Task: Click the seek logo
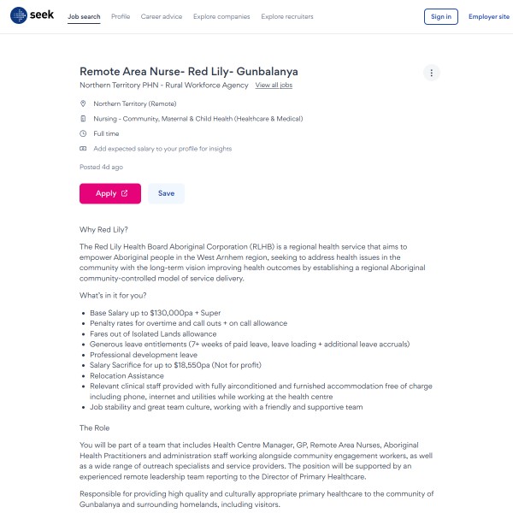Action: [32, 16]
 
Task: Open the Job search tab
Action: [84, 16]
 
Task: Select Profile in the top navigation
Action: [121, 16]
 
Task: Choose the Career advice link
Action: [161, 16]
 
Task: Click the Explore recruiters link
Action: [287, 16]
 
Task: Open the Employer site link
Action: [488, 16]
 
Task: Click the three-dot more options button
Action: [432, 73]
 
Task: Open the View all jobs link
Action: [274, 85]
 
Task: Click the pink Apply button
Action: [110, 193]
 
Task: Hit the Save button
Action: [166, 193]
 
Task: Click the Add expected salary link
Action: [162, 149]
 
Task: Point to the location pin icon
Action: [83, 103]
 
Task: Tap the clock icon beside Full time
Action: [83, 133]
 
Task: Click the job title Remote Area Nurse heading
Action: [188, 71]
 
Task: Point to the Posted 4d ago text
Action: [101, 167]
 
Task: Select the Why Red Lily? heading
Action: [103, 229]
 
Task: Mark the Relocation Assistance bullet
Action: [127, 374]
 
